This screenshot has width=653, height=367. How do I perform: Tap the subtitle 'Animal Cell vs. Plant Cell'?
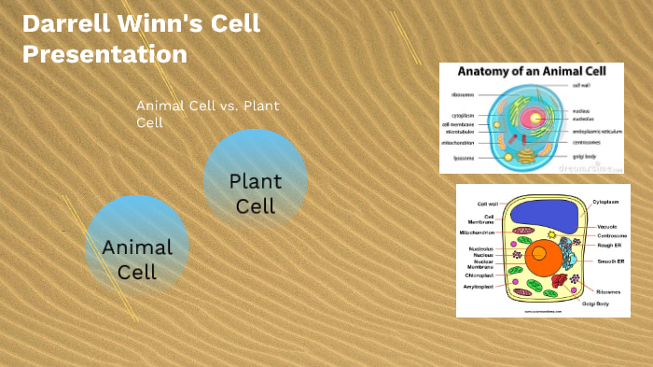tap(207, 114)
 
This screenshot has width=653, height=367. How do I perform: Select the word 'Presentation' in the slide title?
tap(104, 54)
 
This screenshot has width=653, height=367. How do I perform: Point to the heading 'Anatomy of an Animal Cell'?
tap(530, 72)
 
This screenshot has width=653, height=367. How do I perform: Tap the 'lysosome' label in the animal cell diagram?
tap(463, 158)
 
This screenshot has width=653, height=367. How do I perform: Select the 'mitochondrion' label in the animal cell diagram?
tap(460, 143)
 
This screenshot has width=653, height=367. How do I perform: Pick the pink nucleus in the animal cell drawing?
tap(535, 119)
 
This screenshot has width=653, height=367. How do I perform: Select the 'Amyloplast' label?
tap(479, 287)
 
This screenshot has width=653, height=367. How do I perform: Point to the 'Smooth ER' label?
tap(611, 263)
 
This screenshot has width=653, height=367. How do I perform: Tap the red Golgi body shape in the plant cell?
tap(560, 279)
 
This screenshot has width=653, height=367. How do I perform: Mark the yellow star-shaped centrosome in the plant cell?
tap(552, 233)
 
